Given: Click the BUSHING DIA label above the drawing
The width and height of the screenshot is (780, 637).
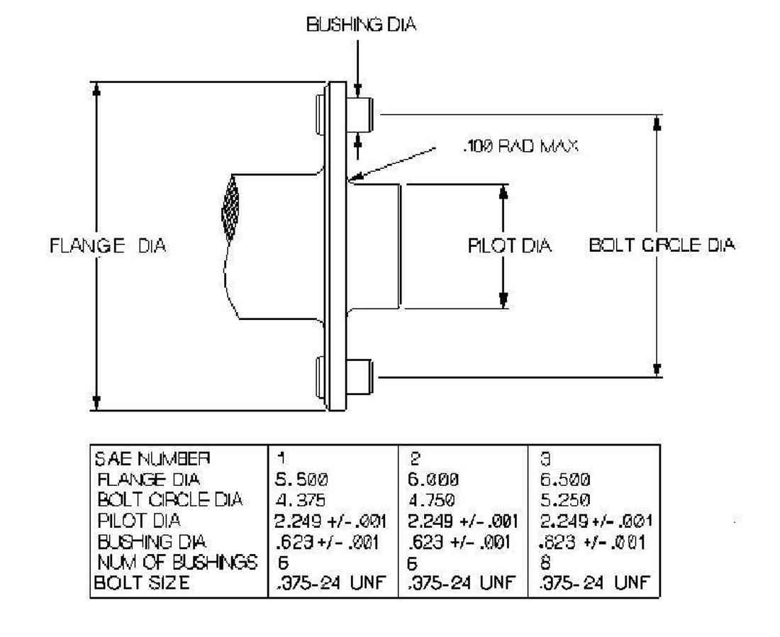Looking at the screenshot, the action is [x=361, y=24].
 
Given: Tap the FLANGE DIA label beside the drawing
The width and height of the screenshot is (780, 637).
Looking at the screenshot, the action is [x=108, y=246].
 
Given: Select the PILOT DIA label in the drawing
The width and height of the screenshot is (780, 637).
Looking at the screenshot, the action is [x=510, y=246].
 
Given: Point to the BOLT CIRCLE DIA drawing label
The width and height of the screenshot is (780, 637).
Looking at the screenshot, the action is [x=662, y=245].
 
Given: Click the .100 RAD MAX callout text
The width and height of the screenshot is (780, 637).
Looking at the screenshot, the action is [x=520, y=146].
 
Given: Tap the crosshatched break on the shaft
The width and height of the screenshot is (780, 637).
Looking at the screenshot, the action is [x=230, y=208].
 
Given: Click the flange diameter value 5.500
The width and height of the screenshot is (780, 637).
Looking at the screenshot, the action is [x=301, y=480].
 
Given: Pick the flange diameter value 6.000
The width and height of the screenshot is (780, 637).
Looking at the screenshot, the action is [x=433, y=480].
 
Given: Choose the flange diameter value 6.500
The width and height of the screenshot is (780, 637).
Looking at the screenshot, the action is [x=565, y=480].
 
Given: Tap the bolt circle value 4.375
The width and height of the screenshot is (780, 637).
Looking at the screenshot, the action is [x=300, y=499].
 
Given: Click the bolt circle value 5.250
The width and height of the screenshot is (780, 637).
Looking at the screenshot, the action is [x=565, y=499].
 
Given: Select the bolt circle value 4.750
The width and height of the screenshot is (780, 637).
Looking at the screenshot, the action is [x=431, y=499].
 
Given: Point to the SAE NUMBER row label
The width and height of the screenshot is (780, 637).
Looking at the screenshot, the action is [x=152, y=458].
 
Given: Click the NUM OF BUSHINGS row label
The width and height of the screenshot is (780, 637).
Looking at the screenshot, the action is [x=177, y=563].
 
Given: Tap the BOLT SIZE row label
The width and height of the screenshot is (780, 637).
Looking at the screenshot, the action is [x=142, y=582].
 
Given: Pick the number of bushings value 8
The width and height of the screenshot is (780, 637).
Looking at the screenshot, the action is [x=545, y=563].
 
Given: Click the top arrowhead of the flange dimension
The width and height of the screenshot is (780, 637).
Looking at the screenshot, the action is [x=96, y=89].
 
